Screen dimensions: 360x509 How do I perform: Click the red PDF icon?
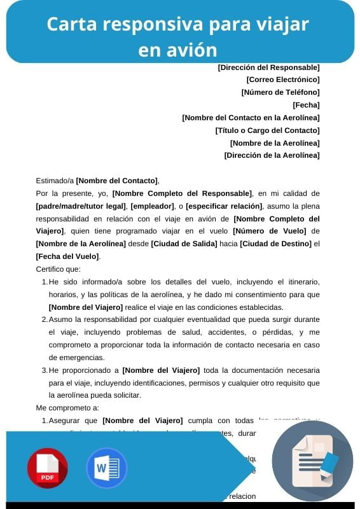click(47, 468)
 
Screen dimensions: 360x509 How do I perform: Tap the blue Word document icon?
click(107, 468)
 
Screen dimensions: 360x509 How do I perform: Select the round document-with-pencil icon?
click(312, 461)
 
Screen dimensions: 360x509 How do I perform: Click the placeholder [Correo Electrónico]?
click(282, 80)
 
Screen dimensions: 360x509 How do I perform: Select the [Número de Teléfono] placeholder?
click(280, 92)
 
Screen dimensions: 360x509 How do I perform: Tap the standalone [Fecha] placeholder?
click(306, 105)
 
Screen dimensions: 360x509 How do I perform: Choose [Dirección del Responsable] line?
click(268, 67)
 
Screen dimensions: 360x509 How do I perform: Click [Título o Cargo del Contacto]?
click(267, 130)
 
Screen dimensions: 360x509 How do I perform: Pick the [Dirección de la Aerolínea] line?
click(272, 155)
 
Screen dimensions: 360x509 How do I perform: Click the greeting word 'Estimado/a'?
click(55, 181)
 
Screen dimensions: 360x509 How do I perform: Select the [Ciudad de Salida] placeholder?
click(184, 244)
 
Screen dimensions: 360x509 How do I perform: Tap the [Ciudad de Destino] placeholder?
click(275, 244)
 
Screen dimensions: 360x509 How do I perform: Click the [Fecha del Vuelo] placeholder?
click(67, 256)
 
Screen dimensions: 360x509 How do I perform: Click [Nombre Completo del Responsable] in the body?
click(182, 193)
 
